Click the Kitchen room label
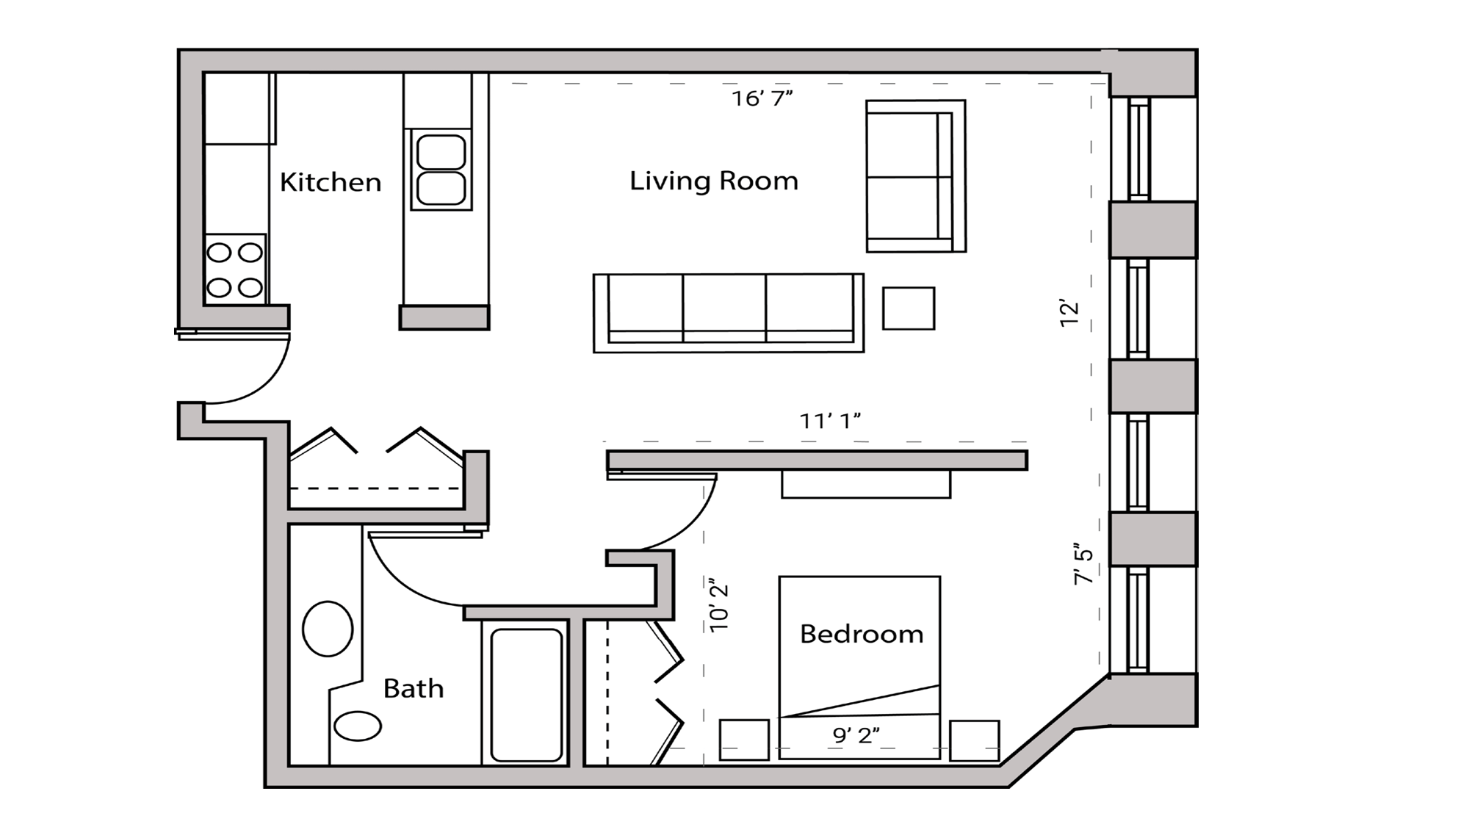tap(331, 182)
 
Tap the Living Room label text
tap(713, 181)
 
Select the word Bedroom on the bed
tap(861, 634)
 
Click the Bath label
tap(414, 689)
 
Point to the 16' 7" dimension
tap(762, 98)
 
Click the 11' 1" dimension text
tap(829, 422)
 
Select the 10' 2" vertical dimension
tap(719, 607)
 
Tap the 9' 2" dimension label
tap(856, 735)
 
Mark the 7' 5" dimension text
tap(1083, 564)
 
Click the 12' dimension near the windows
tap(1069, 314)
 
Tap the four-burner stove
tap(235, 270)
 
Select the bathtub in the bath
tap(526, 694)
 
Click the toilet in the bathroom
tap(358, 726)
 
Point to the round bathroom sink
tap(328, 629)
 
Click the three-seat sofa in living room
tap(728, 313)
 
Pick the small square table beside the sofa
tap(909, 308)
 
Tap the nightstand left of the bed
tap(743, 740)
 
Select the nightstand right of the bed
tap(974, 740)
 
